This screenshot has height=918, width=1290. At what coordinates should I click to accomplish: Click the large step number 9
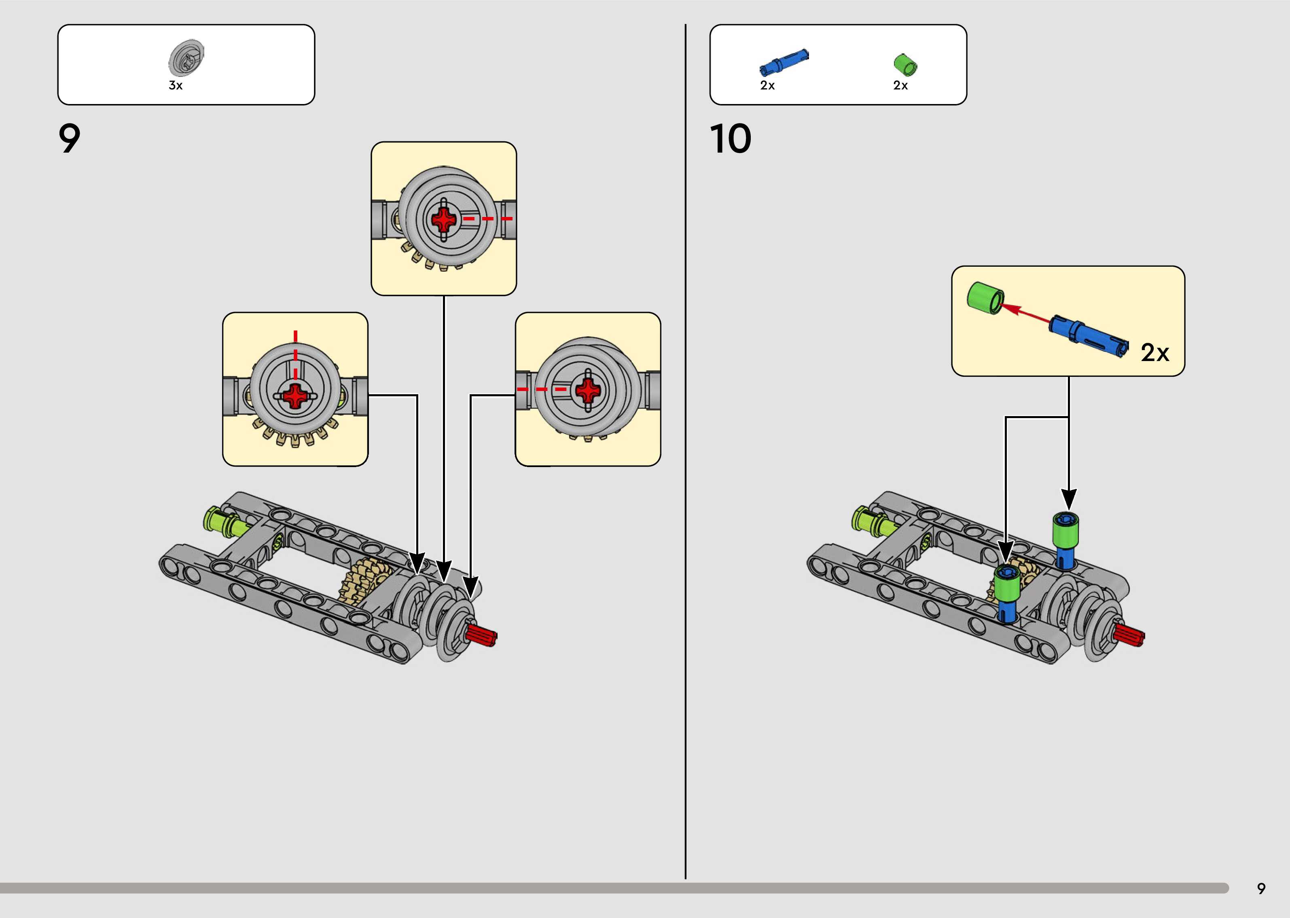pyautogui.click(x=70, y=139)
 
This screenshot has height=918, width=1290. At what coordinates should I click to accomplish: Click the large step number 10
pyautogui.click(x=730, y=139)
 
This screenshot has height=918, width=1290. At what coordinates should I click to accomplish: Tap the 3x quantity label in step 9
pyautogui.click(x=176, y=85)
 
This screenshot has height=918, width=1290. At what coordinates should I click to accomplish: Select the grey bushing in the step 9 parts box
pyautogui.click(x=186, y=58)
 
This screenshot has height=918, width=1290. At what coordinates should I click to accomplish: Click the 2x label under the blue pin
pyautogui.click(x=767, y=85)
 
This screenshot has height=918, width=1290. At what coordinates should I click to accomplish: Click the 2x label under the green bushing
pyautogui.click(x=900, y=85)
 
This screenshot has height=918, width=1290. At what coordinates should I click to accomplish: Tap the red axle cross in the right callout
pyautogui.click(x=588, y=389)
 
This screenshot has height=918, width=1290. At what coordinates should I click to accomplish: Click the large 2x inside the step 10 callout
pyautogui.click(x=1154, y=353)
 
